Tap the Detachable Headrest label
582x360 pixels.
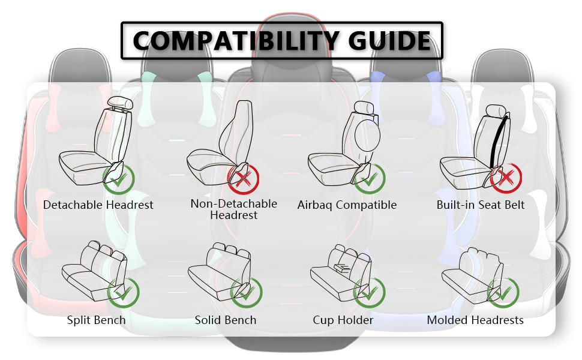tap(98, 205)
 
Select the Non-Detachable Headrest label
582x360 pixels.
tap(234, 209)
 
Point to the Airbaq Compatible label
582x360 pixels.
tap(347, 205)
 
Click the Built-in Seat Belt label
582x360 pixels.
tap(481, 205)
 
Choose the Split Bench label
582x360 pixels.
tap(97, 320)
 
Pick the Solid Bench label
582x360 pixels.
tap(226, 320)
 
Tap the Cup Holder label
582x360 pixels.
tap(343, 320)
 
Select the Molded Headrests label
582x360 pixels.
tap(475, 320)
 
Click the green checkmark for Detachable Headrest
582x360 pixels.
tap(119, 178)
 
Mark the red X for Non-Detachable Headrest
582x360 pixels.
tap(244, 178)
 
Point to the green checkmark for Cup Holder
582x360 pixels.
tap(369, 292)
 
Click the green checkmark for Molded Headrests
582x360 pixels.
tap(503, 292)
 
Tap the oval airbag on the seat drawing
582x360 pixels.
tap(368, 135)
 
